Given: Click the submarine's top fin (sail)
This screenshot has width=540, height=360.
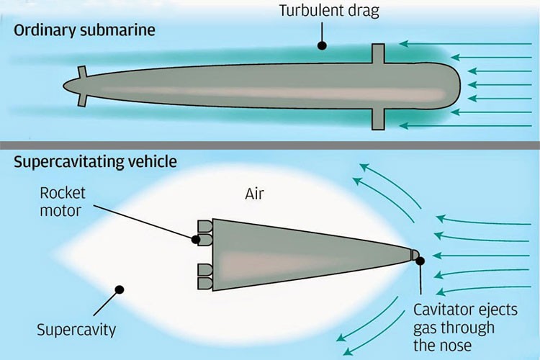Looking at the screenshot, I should [x=379, y=55].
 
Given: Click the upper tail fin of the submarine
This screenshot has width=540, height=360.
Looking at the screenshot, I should [x=81, y=73].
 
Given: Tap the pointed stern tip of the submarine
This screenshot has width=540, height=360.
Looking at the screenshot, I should [x=66, y=86].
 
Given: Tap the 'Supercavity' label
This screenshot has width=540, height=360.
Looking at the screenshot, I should [x=77, y=330].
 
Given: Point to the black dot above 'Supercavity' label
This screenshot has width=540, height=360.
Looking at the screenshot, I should [x=120, y=289].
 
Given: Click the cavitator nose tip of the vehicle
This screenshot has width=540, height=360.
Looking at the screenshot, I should [x=415, y=254].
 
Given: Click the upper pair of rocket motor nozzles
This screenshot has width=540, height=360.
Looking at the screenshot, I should [x=204, y=231].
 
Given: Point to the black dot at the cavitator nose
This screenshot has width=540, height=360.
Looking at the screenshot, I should [x=420, y=261].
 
